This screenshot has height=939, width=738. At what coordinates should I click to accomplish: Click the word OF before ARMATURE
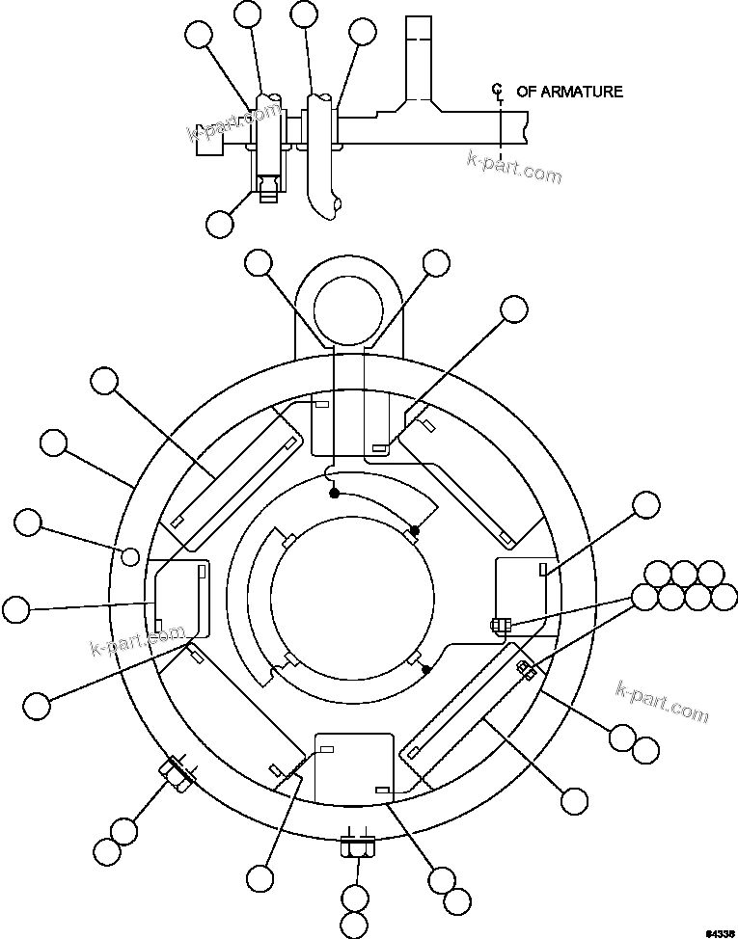coord(527,92)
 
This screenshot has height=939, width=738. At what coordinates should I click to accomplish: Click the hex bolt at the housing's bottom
coord(356,848)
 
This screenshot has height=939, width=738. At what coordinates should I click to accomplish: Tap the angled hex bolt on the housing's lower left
coord(177,772)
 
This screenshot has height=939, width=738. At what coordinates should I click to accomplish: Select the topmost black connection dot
coord(334,493)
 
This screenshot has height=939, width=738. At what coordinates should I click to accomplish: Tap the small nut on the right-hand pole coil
coord(498,625)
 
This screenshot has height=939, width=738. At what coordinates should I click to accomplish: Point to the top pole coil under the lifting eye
coord(353,424)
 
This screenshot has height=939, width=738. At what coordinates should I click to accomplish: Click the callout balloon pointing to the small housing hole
coord(29,523)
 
